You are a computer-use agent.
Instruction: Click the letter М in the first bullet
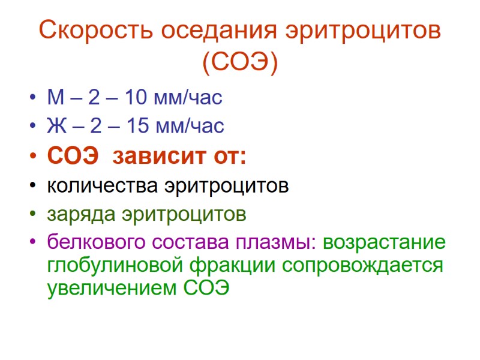click(53, 97)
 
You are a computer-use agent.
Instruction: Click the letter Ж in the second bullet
click(55, 126)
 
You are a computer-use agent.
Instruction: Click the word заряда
click(82, 214)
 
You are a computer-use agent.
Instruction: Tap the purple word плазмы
click(277, 243)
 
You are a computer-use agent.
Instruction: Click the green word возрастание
click(385, 243)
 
